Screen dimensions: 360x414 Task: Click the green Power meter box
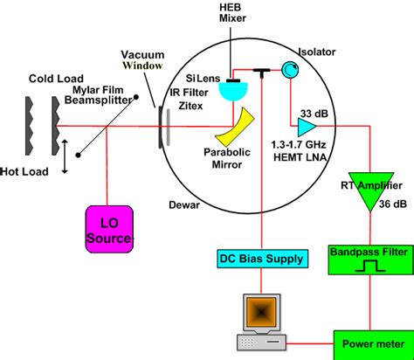point(368,343)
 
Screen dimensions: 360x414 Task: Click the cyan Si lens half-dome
point(231,86)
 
